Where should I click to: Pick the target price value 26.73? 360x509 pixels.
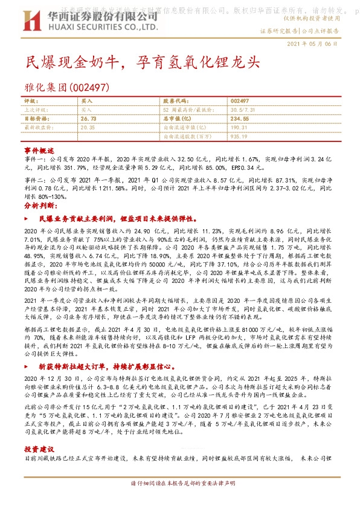89,119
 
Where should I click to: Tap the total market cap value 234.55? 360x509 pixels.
240,119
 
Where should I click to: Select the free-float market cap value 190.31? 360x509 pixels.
239,128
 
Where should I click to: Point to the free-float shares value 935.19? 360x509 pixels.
239,137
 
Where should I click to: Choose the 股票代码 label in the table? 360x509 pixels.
174,101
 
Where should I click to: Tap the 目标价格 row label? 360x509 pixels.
35,119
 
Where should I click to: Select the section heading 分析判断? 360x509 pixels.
40,206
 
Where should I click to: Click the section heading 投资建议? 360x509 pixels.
39,449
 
